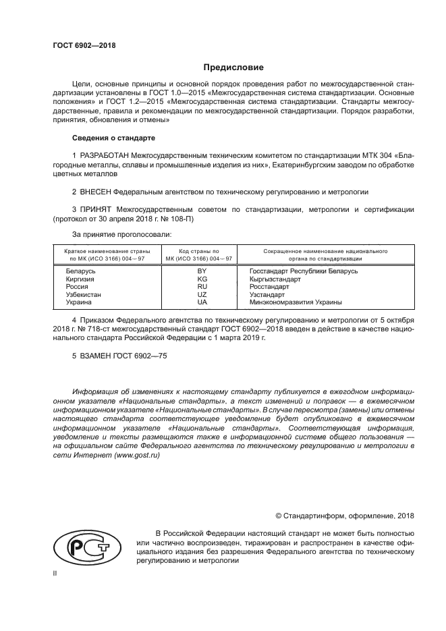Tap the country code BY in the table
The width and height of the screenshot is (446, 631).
point(202,271)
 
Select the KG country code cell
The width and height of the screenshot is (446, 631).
point(202,279)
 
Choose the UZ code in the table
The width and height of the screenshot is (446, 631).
point(202,295)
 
